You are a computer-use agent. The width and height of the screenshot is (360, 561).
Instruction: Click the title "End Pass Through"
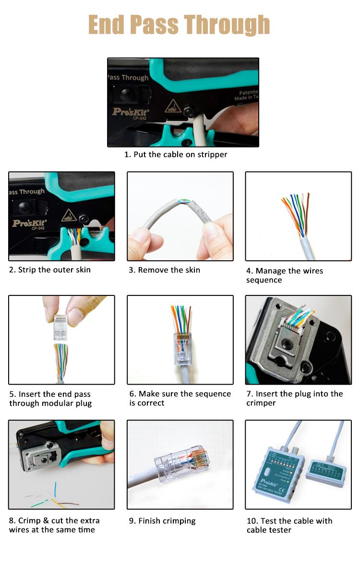tap(179, 25)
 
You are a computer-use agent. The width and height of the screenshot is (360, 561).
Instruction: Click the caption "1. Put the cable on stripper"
tap(176, 155)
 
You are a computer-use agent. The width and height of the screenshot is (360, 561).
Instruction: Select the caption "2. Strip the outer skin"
tap(49, 269)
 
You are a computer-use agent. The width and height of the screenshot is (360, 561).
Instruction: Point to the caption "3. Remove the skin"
tap(164, 270)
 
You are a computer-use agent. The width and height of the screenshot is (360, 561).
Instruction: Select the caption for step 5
tap(50, 399)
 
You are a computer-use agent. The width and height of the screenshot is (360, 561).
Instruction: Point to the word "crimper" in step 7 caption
tap(261, 403)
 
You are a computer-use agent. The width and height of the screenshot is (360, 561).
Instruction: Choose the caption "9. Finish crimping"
tap(162, 521)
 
